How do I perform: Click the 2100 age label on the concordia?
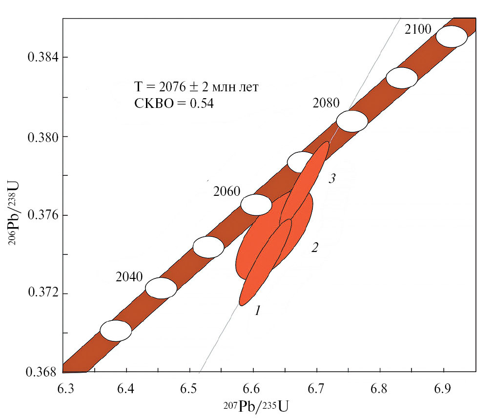[x=418, y=30]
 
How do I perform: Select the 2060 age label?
[x=226, y=191]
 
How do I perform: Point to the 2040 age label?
[x=129, y=277]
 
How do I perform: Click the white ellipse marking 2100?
[x=451, y=37]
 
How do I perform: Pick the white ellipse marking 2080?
[x=352, y=121]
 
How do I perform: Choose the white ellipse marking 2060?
[x=256, y=205]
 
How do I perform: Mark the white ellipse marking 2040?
[x=161, y=288]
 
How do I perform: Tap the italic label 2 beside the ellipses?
[x=315, y=248]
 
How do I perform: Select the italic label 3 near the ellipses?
[x=331, y=179]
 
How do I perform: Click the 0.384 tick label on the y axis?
[x=41, y=58]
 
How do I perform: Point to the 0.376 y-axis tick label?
[x=41, y=215]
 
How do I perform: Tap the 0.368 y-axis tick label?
[x=41, y=372]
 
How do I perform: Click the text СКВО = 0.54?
[x=174, y=104]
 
